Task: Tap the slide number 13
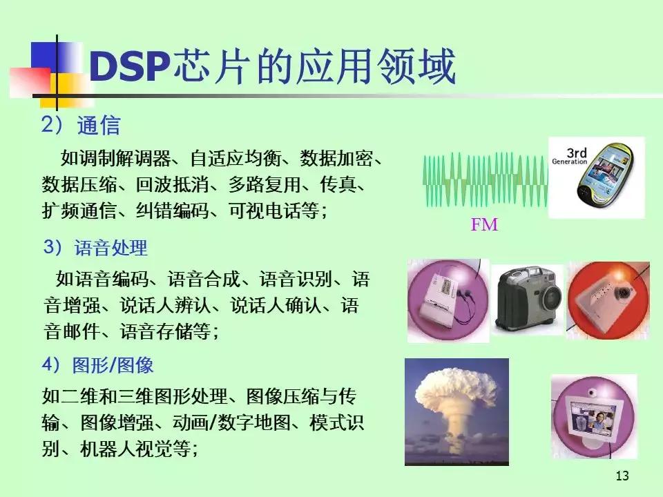(x=621, y=476)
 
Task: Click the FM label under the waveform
(x=483, y=225)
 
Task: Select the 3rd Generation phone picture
(x=596, y=177)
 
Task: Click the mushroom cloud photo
(x=457, y=411)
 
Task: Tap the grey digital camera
(x=528, y=299)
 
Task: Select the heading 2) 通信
(x=80, y=126)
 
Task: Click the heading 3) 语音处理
(x=95, y=247)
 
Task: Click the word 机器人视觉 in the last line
(x=122, y=449)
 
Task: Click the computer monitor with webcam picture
(x=593, y=416)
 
